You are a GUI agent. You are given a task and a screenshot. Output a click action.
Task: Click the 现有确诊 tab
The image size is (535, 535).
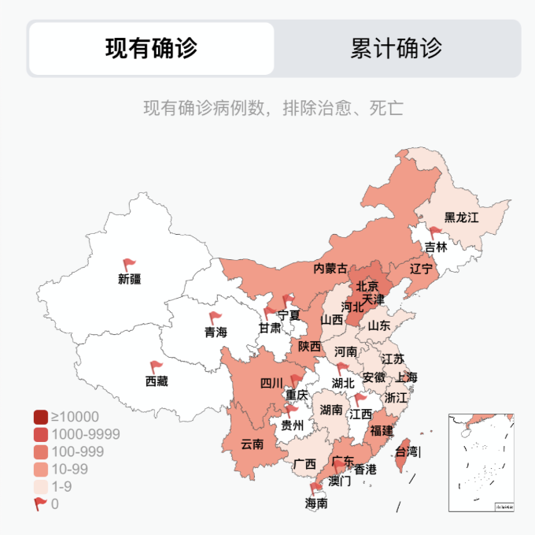coord(151,48)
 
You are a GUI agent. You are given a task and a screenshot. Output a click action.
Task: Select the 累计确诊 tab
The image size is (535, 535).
coord(397,48)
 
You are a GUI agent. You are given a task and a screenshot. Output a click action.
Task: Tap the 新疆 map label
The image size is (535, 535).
coord(130,279)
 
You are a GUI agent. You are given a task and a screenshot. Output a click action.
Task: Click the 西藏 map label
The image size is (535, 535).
coord(157,381)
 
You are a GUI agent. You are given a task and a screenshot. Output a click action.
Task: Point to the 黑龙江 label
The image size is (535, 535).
coord(461,217)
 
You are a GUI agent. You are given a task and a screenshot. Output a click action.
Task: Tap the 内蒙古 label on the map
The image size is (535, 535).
coord(330,269)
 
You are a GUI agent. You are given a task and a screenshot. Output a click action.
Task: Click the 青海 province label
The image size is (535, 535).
coord(216,332)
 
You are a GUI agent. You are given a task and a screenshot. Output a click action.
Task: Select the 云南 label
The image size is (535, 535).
coord(253,444)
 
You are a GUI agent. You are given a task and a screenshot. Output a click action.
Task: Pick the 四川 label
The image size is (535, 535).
coord(271,383)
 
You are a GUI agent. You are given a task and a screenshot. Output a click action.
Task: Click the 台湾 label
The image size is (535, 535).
coord(408,452)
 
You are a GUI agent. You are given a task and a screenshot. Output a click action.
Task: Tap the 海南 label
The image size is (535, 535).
coord(316,502)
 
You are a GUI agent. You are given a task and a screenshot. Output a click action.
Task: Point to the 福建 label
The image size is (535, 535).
coord(382,430)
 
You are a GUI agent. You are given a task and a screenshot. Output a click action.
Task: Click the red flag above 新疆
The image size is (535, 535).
coord(129,265)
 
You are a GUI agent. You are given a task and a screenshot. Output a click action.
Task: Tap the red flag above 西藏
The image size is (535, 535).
coord(156,367)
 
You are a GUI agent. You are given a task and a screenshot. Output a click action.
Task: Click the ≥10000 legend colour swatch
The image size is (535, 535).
coord(42,417)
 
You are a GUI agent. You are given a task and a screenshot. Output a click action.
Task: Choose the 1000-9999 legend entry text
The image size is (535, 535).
coord(86,434)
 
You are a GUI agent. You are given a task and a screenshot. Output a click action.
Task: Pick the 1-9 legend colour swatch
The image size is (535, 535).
coord(42,486)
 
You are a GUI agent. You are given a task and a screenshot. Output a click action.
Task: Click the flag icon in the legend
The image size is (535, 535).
coord(41,503)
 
